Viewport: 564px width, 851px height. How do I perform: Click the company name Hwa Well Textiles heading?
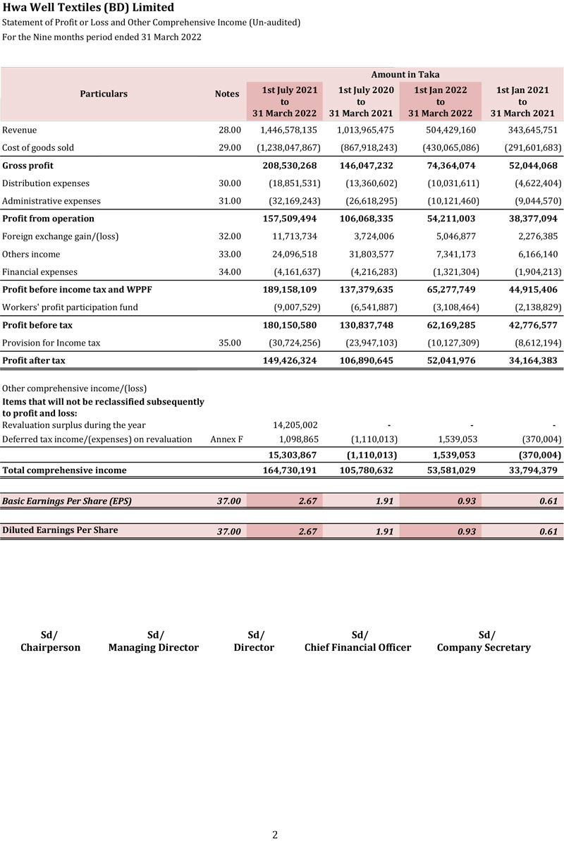point(88,8)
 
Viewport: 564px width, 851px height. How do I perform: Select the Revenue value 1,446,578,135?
point(288,130)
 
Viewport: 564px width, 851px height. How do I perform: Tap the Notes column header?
point(227,94)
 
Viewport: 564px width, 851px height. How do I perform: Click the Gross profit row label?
point(28,166)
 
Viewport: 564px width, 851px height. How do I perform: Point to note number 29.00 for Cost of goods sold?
point(230,148)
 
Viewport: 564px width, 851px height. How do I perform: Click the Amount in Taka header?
point(405,75)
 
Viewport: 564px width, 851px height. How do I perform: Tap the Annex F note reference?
point(226,440)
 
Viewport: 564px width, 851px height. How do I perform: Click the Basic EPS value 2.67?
point(307,501)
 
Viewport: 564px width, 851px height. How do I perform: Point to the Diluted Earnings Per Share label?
point(60,530)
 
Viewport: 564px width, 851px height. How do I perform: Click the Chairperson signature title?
point(50,647)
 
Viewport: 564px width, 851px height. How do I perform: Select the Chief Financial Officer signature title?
point(357,647)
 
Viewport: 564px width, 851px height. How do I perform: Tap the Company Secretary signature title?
point(484,647)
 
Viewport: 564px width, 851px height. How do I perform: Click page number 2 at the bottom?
point(275,835)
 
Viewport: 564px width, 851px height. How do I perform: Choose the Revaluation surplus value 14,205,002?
point(295,425)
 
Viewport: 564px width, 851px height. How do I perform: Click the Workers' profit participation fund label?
point(70,307)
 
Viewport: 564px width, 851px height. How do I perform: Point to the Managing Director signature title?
point(154,647)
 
